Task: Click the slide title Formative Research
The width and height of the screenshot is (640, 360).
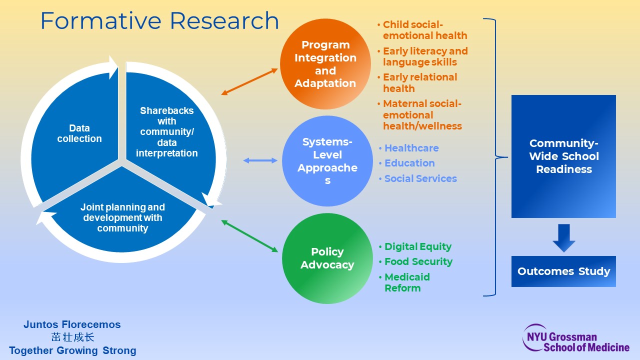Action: [x=159, y=21]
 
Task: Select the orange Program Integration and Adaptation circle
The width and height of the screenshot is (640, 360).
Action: [x=325, y=64]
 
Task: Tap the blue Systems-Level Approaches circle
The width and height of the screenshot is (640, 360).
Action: [x=327, y=161]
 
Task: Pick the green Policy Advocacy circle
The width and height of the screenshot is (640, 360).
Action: [x=327, y=258]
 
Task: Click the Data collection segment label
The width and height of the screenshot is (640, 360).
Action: [x=79, y=133]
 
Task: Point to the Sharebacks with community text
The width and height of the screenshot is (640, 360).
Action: [x=166, y=131]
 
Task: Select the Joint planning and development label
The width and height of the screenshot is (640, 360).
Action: [x=122, y=217]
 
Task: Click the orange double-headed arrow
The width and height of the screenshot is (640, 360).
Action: [x=249, y=81]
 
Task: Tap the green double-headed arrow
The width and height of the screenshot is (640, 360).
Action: [x=249, y=236]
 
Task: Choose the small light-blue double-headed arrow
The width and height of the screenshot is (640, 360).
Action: [x=260, y=160]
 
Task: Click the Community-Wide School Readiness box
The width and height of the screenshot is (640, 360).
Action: [x=563, y=156]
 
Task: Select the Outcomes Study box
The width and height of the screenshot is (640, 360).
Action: [x=563, y=271]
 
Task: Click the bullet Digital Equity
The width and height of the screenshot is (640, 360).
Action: [x=417, y=246]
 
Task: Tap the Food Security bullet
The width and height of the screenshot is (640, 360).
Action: [x=418, y=261]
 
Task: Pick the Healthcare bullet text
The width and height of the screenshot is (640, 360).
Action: [x=411, y=148]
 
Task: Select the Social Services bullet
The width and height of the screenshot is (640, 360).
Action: [x=420, y=178]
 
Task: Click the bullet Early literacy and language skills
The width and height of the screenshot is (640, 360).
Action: [x=425, y=56]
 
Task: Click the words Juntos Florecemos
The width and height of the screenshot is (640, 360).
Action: [x=72, y=324]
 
